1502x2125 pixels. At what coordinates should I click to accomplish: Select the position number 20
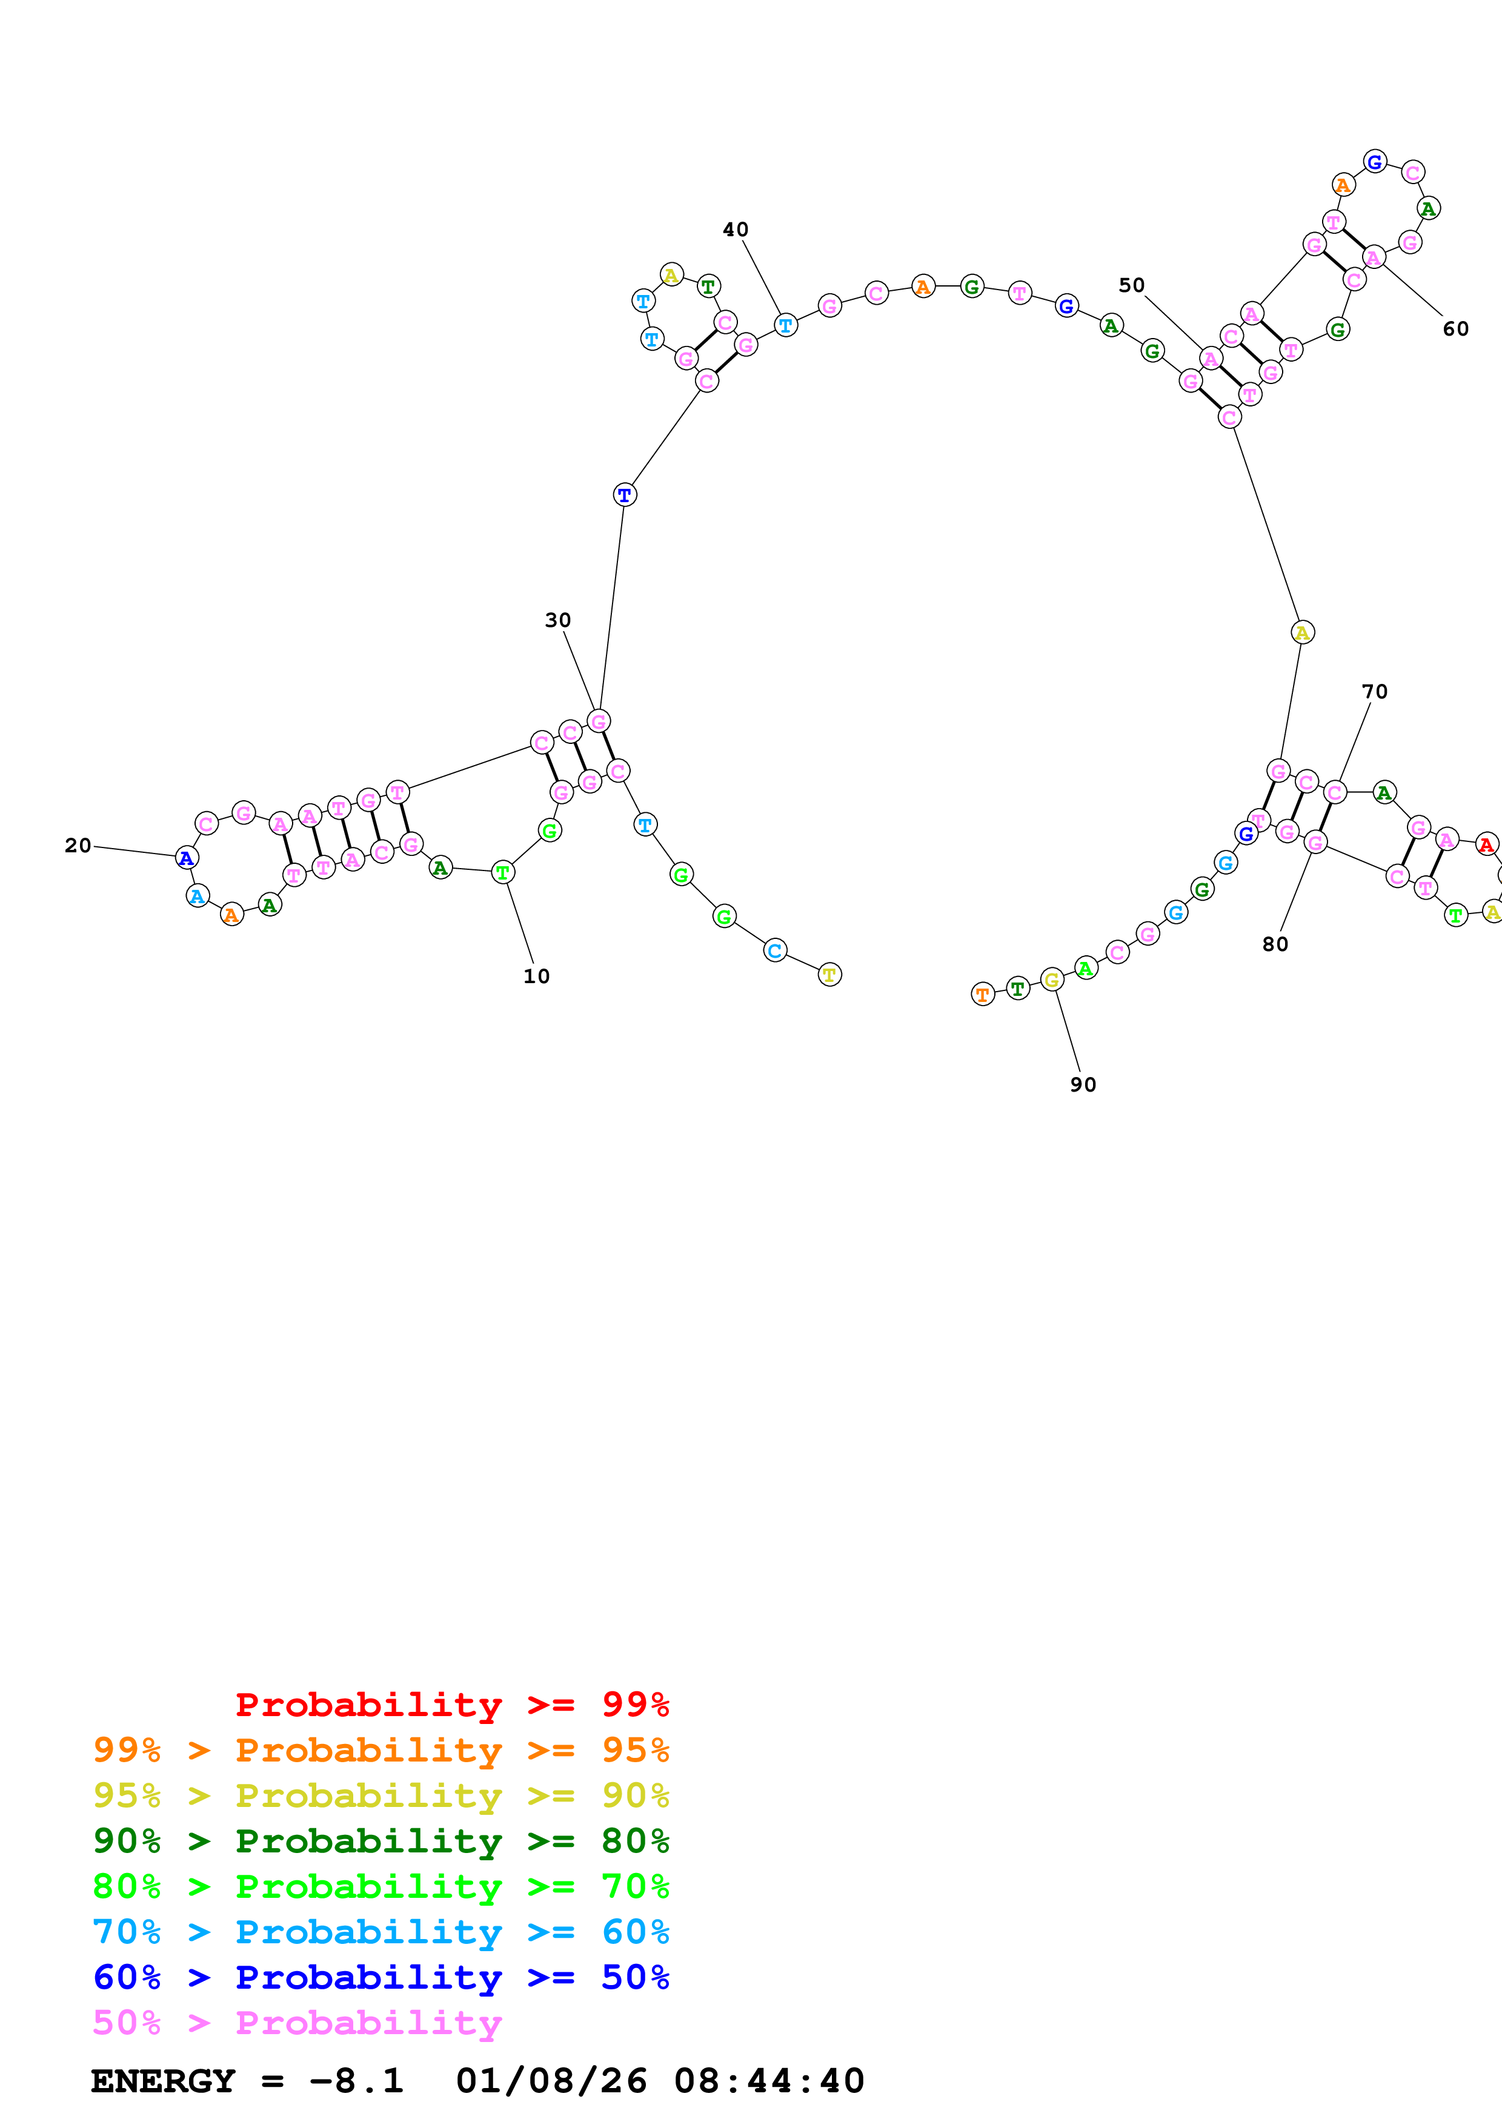coord(78,845)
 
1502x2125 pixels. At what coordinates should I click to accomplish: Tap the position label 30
coord(557,620)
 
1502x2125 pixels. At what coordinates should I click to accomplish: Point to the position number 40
coord(735,230)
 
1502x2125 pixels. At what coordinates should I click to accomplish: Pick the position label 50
coord(1131,285)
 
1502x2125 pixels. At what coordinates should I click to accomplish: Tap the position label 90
coord(1083,1085)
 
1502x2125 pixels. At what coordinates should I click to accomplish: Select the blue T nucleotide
coord(625,495)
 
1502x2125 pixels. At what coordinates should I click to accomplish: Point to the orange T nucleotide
coord(982,995)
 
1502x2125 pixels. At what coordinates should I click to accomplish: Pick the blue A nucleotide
coord(187,858)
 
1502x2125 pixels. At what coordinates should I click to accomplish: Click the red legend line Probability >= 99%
coord(451,1704)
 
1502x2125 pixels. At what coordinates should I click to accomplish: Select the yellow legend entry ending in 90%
coord(380,1795)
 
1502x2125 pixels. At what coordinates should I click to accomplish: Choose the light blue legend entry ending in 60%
coord(380,1932)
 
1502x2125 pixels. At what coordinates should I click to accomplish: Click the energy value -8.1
coord(356,2081)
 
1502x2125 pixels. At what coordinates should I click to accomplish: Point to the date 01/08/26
coord(551,2081)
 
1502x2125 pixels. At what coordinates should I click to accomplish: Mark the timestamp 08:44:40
coord(769,2081)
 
